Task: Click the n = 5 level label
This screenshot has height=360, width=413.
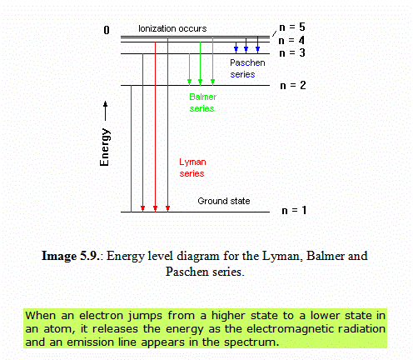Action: [x=292, y=27]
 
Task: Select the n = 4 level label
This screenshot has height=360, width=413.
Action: [x=291, y=41]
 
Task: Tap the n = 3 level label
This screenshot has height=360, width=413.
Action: [x=292, y=52]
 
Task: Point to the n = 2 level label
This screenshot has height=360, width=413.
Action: [x=293, y=85]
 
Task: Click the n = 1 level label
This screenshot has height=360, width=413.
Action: [x=294, y=210]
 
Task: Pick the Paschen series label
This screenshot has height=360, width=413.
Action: [x=247, y=68]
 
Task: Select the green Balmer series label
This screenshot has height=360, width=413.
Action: [x=202, y=102]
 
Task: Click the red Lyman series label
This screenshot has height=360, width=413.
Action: [x=192, y=167]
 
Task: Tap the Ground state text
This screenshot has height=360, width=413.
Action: [x=224, y=201]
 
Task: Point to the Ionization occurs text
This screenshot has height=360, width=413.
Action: [x=172, y=28]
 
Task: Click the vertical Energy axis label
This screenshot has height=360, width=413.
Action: [x=105, y=147]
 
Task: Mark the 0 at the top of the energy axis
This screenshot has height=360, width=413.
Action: [x=107, y=30]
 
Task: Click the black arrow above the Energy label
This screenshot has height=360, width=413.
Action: [x=105, y=111]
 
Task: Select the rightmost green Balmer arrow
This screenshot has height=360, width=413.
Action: [x=212, y=61]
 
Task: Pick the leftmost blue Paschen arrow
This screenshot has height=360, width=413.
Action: [x=236, y=47]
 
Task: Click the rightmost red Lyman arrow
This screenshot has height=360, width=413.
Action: [x=167, y=125]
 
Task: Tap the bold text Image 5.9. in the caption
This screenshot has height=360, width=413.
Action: [x=70, y=256]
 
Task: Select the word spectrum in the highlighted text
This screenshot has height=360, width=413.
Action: [x=251, y=342]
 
